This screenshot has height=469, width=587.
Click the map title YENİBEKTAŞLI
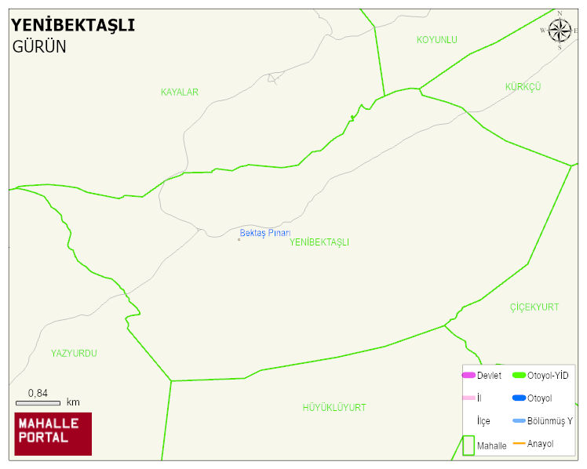click(72, 25)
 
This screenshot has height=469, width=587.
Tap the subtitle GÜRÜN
click(39, 46)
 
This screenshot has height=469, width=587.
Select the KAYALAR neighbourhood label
click(180, 93)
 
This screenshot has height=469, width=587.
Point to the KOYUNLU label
click(436, 40)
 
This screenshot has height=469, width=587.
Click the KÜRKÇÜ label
click(523, 86)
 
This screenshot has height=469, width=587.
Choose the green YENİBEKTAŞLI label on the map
click(319, 243)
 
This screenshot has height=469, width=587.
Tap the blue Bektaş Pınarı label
click(265, 233)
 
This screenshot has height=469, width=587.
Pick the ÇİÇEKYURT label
click(534, 307)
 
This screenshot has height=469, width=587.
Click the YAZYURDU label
click(74, 354)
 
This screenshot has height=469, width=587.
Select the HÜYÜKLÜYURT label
click(334, 408)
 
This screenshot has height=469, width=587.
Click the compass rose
click(560, 31)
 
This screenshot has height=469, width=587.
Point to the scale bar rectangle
click(38, 402)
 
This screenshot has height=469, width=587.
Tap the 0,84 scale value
click(38, 393)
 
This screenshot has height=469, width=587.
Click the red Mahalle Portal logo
click(53, 434)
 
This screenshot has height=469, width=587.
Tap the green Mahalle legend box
click(469, 445)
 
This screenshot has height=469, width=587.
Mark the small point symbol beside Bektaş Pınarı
click(239, 239)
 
